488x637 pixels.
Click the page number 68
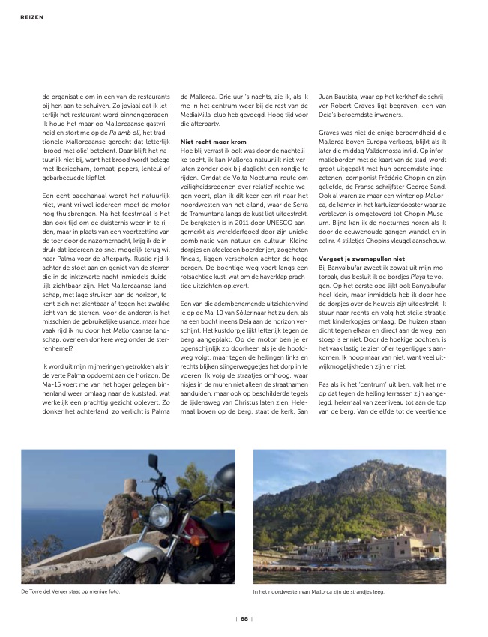click(244, 618)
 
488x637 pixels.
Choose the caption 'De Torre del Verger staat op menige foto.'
click(71, 592)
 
